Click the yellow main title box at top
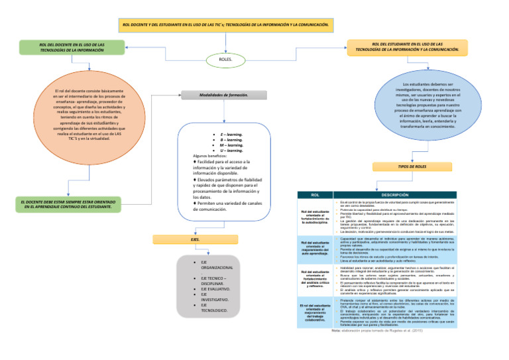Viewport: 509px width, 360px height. tap(226, 25)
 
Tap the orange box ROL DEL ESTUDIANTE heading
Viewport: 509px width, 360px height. tap(408, 47)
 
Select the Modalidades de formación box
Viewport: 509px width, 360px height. tap(223, 95)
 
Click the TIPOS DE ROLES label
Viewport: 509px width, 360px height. tap(407, 166)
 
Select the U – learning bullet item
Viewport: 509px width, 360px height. tap(231, 150)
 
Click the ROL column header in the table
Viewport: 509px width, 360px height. tap(315, 195)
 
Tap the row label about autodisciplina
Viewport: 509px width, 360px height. tap(315, 217)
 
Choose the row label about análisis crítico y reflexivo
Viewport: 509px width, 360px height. tap(315, 280)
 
